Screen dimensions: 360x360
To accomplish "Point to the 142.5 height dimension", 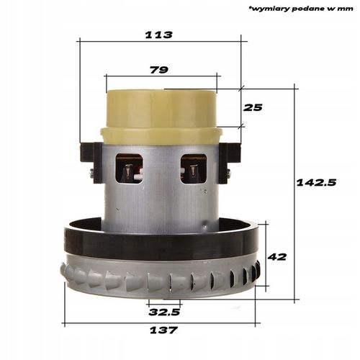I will point(316,183).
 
